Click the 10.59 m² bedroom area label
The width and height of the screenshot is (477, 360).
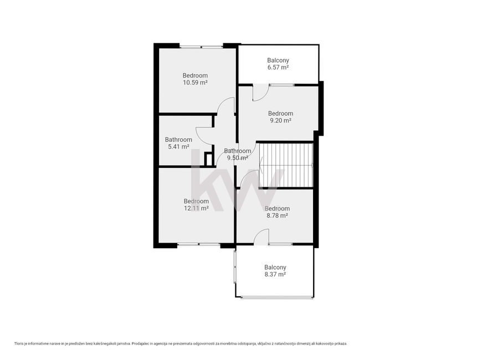click(195, 83)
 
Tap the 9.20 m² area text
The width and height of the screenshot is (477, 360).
click(281, 120)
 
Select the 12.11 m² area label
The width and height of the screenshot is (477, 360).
click(196, 208)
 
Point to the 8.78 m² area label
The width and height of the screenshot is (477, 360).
click(277, 215)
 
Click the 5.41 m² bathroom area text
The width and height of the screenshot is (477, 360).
click(178, 147)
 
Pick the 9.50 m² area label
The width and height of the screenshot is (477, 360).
click(238, 158)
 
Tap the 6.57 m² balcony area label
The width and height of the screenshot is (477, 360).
click(278, 68)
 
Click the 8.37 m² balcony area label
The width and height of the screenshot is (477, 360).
click(275, 275)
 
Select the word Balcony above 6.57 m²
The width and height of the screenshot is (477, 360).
click(278, 60)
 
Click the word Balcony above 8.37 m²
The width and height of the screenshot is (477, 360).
click(275, 268)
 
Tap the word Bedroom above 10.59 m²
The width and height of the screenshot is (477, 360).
click(195, 75)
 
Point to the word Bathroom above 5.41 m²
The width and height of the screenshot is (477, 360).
click(178, 140)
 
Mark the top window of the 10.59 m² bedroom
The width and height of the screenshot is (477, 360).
click(201, 47)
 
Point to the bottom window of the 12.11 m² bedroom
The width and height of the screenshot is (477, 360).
click(199, 244)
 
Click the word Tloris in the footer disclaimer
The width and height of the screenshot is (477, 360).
click(18, 343)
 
